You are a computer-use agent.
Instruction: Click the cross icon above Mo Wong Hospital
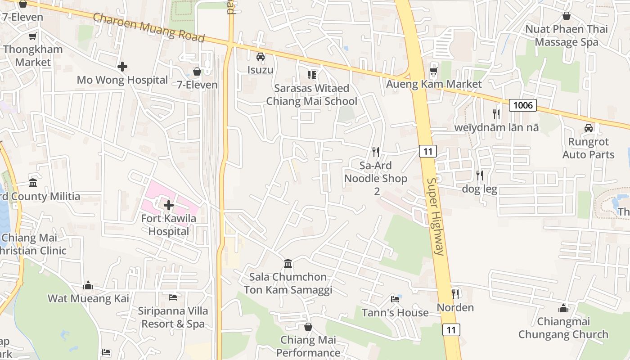pos(122,67)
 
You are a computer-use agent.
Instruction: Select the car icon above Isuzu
pos(260,57)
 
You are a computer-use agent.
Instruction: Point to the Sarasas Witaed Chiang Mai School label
pos(311,94)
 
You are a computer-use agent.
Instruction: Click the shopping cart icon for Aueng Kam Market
pos(434,71)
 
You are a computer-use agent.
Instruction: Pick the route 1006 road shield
pos(523,105)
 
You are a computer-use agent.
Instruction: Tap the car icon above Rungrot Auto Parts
pos(588,128)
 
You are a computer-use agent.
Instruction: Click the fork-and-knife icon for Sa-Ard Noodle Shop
pos(376,152)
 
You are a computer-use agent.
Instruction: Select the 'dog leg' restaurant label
pos(479,189)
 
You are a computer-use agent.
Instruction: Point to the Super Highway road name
pos(436,216)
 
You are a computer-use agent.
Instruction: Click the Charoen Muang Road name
pos(148,27)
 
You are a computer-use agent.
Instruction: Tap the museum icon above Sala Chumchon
pos(288,263)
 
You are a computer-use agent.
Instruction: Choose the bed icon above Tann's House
pos(395,299)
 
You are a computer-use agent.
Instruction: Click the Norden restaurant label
pos(455,307)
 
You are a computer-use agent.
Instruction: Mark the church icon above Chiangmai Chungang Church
pos(563,308)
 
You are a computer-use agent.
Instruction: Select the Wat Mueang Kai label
pos(88,298)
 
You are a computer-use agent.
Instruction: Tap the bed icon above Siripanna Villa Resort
pos(173,297)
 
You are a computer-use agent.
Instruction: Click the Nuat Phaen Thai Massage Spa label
pos(567,36)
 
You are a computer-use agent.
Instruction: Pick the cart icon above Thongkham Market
pos(32,36)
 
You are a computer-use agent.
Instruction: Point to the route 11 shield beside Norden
pos(451,330)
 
